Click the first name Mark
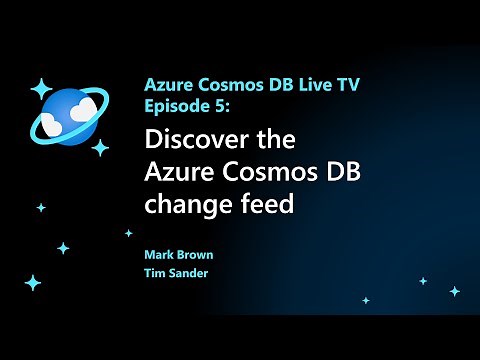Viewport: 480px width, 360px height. pyautogui.click(x=159, y=255)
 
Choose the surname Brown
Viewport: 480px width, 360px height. pyautogui.click(x=195, y=255)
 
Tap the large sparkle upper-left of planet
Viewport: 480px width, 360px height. pyautogui.click(x=40, y=88)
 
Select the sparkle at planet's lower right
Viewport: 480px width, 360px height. pyautogui.click(x=100, y=147)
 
